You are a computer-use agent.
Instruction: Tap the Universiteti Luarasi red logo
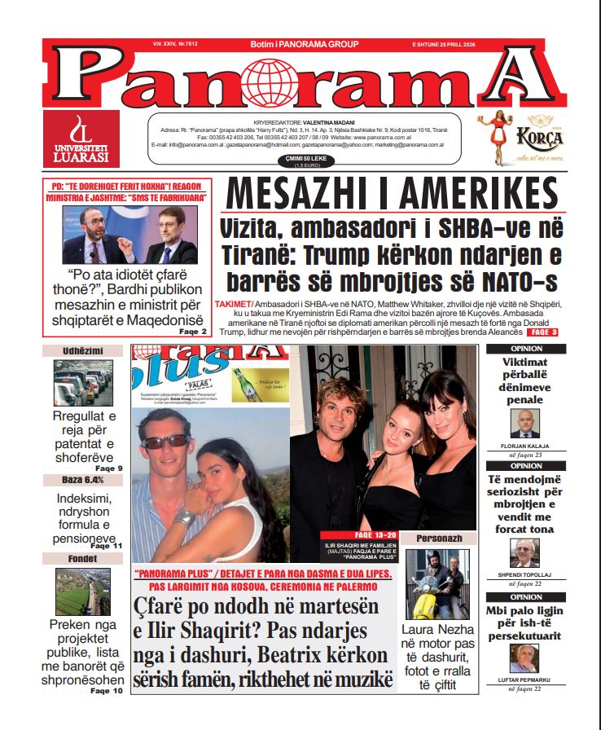coord(81,139)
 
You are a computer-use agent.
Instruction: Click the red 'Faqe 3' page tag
coord(542,332)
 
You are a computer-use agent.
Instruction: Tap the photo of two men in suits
coord(129,235)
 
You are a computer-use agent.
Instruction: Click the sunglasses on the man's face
coord(165,441)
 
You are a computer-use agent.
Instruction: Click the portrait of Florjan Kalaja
coord(525,423)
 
